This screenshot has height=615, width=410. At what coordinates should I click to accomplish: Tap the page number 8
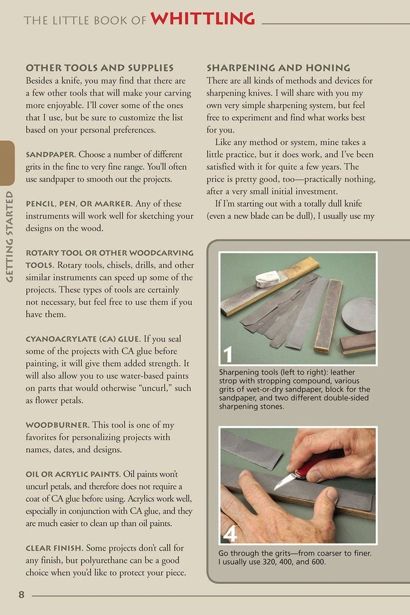[x=21, y=595]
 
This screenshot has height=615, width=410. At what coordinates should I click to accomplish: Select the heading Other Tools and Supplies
[x=100, y=68]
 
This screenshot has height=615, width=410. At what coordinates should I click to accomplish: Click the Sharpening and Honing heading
[x=278, y=68]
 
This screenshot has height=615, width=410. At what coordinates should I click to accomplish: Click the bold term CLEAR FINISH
[x=55, y=548]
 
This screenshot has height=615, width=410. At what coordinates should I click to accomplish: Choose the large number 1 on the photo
[x=228, y=354]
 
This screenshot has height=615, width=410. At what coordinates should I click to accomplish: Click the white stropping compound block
[x=268, y=278]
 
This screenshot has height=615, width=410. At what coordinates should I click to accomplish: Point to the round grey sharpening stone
[x=358, y=314]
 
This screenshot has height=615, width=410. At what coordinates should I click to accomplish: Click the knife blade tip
[x=276, y=488]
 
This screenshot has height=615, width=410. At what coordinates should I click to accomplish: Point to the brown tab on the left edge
[x=7, y=163]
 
